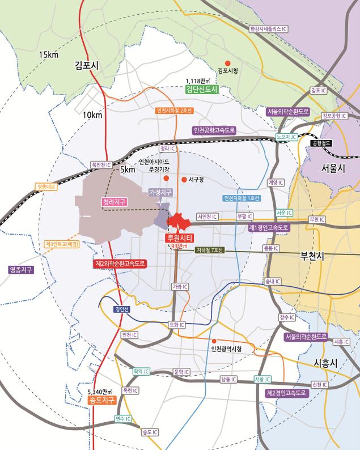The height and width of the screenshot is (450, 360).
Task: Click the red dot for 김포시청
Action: (227, 63)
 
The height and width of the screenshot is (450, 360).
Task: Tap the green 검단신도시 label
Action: (202, 89)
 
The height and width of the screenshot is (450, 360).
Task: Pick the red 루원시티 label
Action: (178, 238)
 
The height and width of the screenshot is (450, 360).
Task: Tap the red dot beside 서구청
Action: (184, 180)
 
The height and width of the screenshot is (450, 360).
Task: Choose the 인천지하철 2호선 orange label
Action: (175, 111)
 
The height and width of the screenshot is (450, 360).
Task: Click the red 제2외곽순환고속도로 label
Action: (120, 264)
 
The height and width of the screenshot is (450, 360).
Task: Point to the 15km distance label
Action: (49, 54)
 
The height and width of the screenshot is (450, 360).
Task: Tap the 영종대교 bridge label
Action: (46, 186)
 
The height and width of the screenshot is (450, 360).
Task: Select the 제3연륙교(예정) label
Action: (62, 244)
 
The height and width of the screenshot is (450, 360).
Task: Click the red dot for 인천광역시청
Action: (213, 341)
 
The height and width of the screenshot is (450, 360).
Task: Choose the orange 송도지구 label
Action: (102, 400)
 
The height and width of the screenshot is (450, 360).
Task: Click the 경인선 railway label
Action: (122, 309)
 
